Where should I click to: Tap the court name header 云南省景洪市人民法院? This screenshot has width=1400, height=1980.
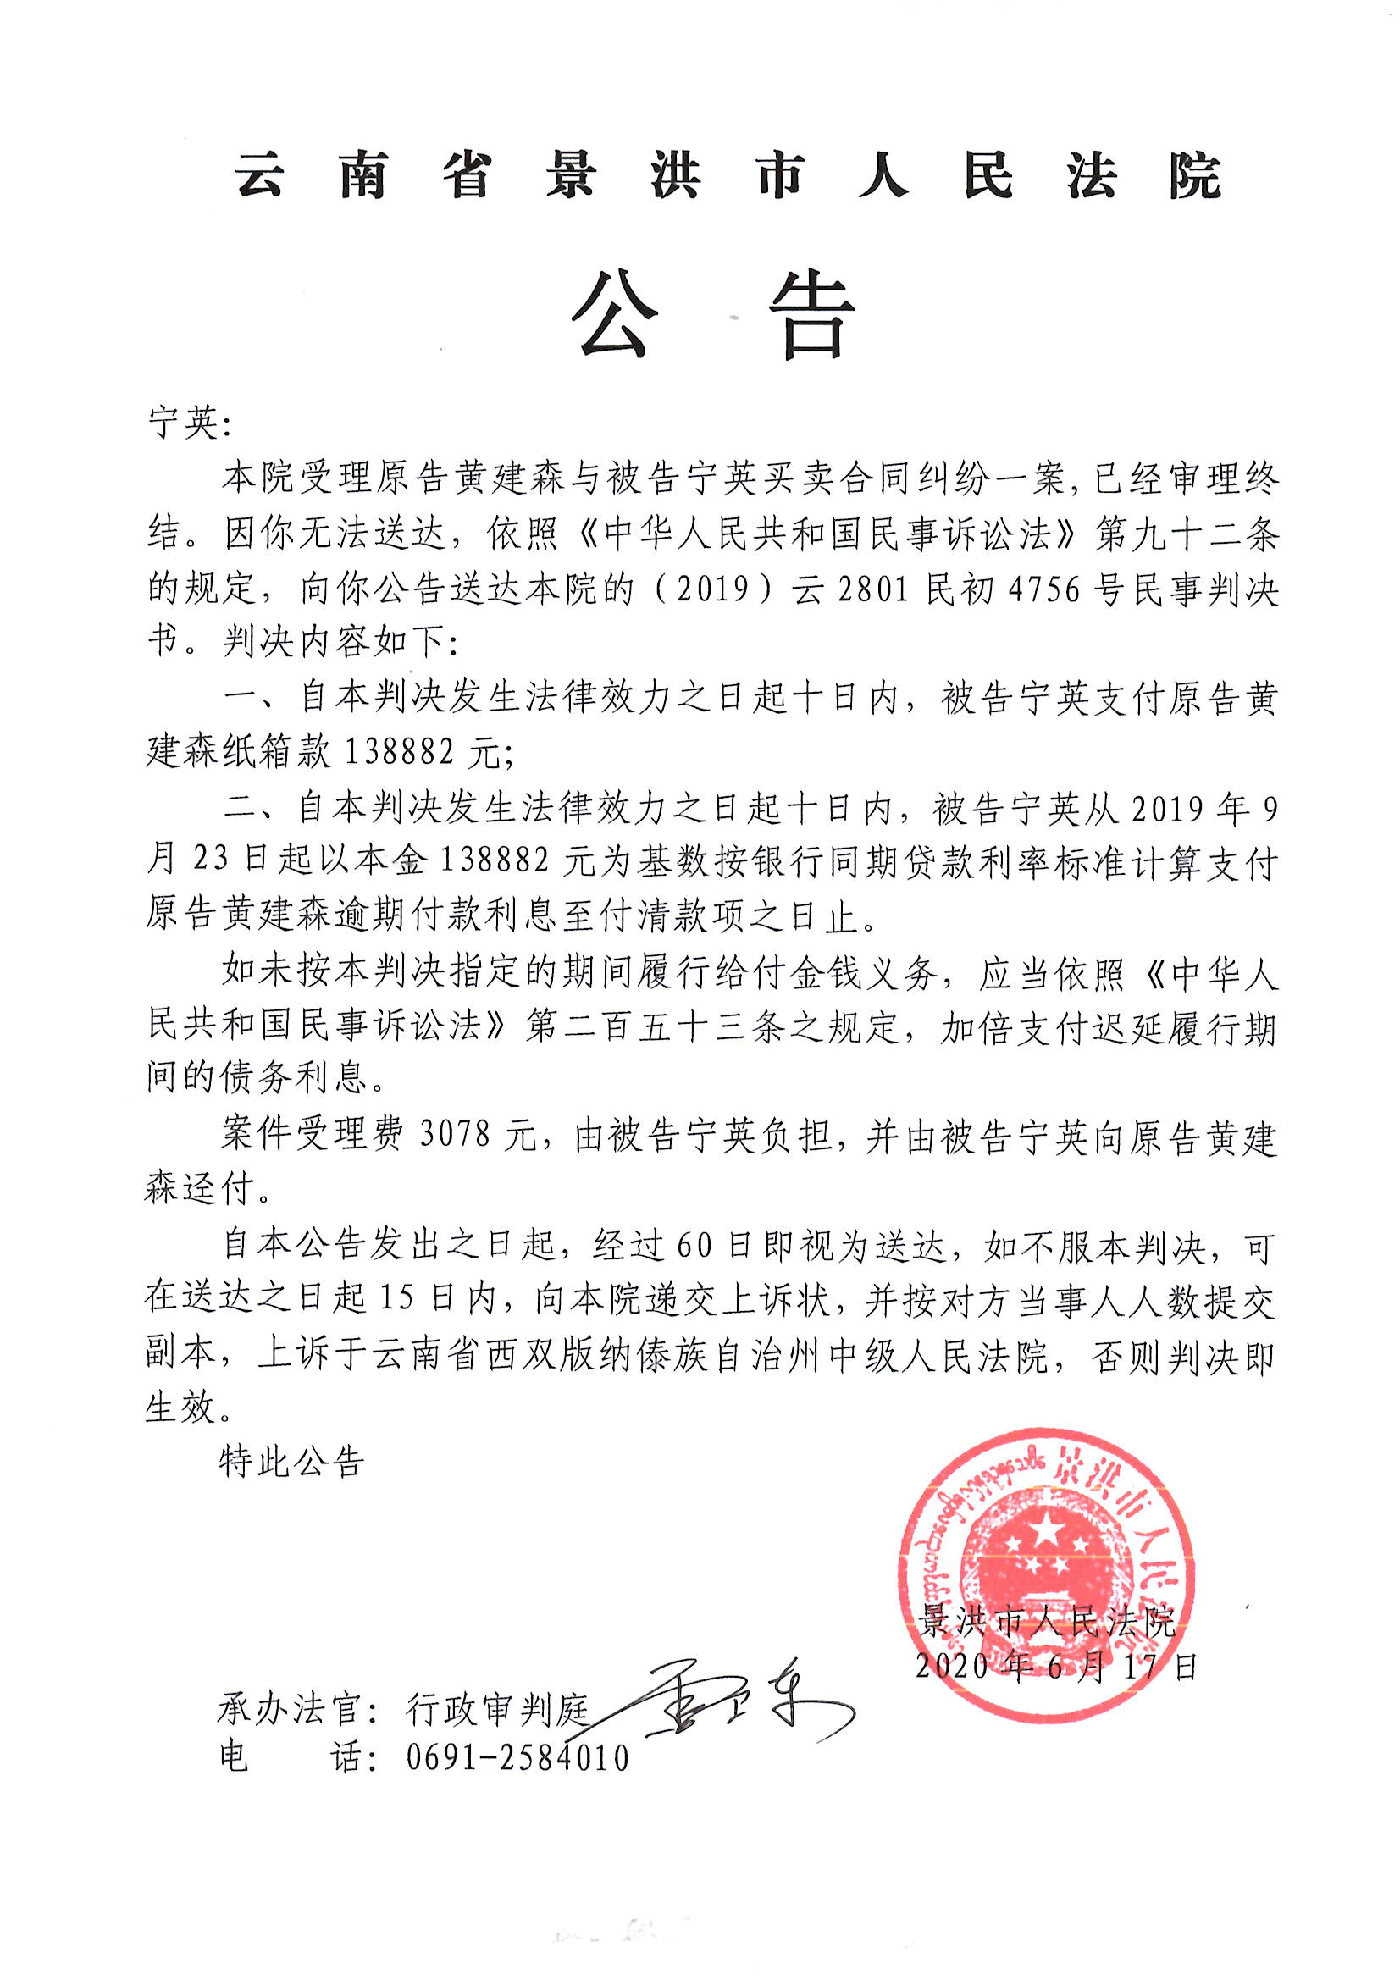pos(728,176)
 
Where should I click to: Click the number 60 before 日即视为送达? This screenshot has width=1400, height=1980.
pos(698,1247)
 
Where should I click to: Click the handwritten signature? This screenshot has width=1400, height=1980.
pos(733,1704)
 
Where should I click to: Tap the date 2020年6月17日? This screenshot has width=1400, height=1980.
pos(1056,1665)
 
